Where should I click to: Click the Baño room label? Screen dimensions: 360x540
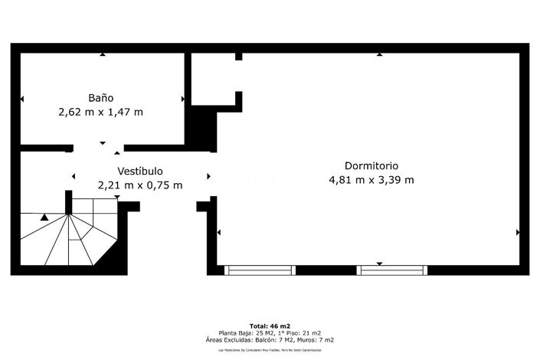101,98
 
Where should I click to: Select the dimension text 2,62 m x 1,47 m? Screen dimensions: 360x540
101,112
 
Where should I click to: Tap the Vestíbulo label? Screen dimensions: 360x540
139,171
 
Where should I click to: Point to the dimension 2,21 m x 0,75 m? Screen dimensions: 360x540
140,185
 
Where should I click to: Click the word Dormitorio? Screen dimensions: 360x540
371,165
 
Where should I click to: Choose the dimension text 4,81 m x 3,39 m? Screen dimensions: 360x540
371,180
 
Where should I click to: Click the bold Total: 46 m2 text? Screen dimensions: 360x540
270,326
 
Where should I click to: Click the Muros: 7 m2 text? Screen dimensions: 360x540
316,339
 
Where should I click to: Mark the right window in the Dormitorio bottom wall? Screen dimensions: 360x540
391,270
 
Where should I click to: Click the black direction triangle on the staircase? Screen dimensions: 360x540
44,218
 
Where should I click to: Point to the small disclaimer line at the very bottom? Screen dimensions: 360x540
270,350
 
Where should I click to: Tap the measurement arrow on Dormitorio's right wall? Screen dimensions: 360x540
518,232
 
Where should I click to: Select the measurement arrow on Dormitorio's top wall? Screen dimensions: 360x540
379,54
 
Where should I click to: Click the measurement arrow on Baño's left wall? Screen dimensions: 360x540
21,99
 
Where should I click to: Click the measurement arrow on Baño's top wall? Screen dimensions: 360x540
102,54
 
